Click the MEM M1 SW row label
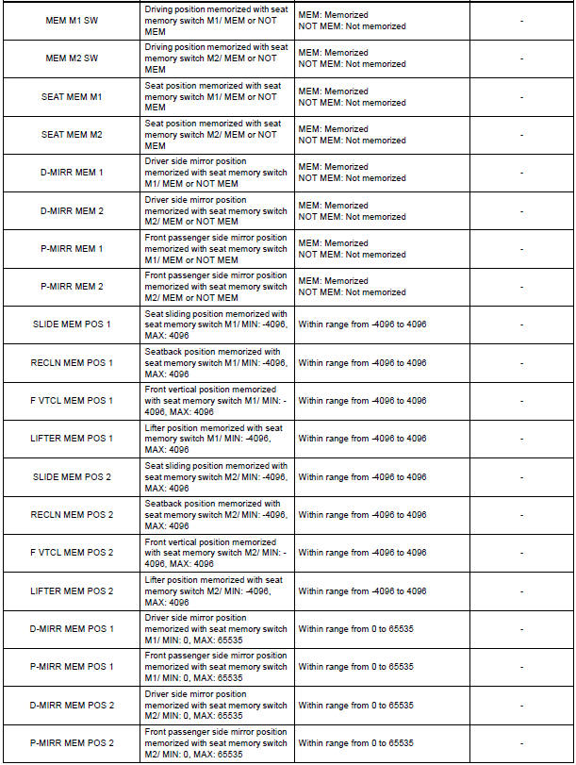tap(72, 20)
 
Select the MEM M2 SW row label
tap(72, 58)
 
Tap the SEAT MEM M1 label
tap(72, 96)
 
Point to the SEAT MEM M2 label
tap(72, 135)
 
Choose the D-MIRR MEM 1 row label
tap(72, 173)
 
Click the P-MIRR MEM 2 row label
tap(72, 287)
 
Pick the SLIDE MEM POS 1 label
tap(72, 324)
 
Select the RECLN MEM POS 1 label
tap(72, 362)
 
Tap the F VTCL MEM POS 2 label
tap(72, 553)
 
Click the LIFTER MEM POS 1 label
tap(72, 439)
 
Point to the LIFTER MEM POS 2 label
tap(72, 590)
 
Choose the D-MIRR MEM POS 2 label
tap(72, 705)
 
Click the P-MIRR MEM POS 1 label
tap(72, 667)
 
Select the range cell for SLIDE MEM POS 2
tap(363, 477)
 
